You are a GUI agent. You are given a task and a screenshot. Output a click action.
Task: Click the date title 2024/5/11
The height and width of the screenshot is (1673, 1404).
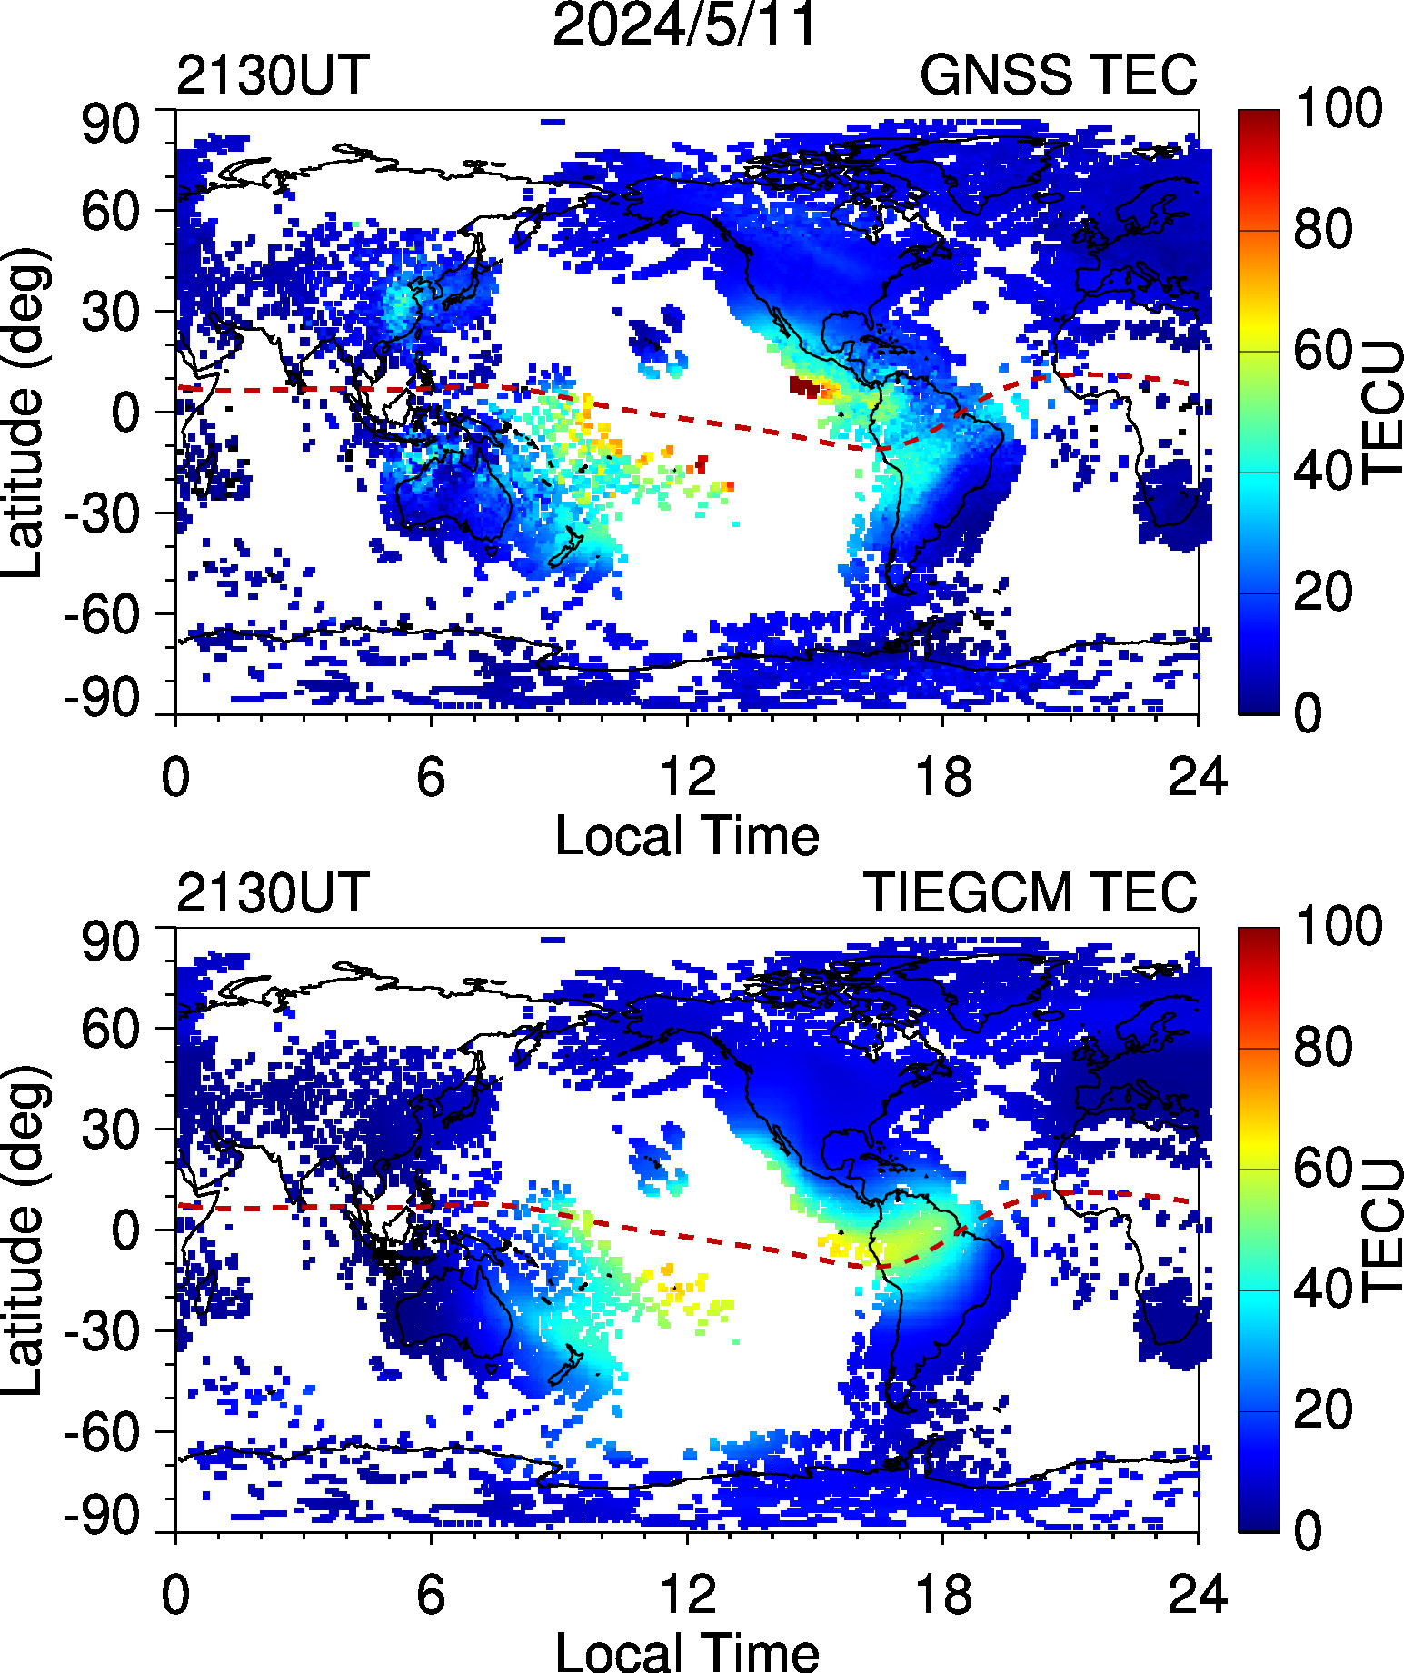point(686,25)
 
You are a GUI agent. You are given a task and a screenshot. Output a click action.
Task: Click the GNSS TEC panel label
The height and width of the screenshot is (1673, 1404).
point(1058,75)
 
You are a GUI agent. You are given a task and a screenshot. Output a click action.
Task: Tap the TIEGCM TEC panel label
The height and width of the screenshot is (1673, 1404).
point(1030,892)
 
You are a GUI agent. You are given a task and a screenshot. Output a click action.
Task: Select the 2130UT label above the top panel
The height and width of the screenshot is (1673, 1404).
point(273,75)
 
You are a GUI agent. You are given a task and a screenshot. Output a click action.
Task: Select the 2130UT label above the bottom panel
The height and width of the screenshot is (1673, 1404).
point(273,892)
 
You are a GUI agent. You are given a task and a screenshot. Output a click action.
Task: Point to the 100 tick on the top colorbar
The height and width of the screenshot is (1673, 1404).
point(1338,108)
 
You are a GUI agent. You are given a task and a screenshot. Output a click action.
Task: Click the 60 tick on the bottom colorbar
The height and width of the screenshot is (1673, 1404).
point(1323,1168)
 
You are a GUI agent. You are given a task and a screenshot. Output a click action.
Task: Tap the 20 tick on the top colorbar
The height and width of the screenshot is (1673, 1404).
point(1323,593)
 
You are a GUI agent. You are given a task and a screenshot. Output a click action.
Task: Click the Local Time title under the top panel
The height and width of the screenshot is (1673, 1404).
point(686,836)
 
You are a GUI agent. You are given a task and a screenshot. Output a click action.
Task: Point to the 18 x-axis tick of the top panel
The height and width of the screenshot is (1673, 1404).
point(943,778)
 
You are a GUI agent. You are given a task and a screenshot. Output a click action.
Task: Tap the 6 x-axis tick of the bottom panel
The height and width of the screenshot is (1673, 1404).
point(431,1596)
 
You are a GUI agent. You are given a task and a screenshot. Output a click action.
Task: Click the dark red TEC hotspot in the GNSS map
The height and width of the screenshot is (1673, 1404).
point(803,386)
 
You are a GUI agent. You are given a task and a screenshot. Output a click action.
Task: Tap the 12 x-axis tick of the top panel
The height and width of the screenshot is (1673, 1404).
point(688,778)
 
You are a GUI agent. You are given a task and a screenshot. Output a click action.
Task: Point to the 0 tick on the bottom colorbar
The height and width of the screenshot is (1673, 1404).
point(1309,1531)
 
